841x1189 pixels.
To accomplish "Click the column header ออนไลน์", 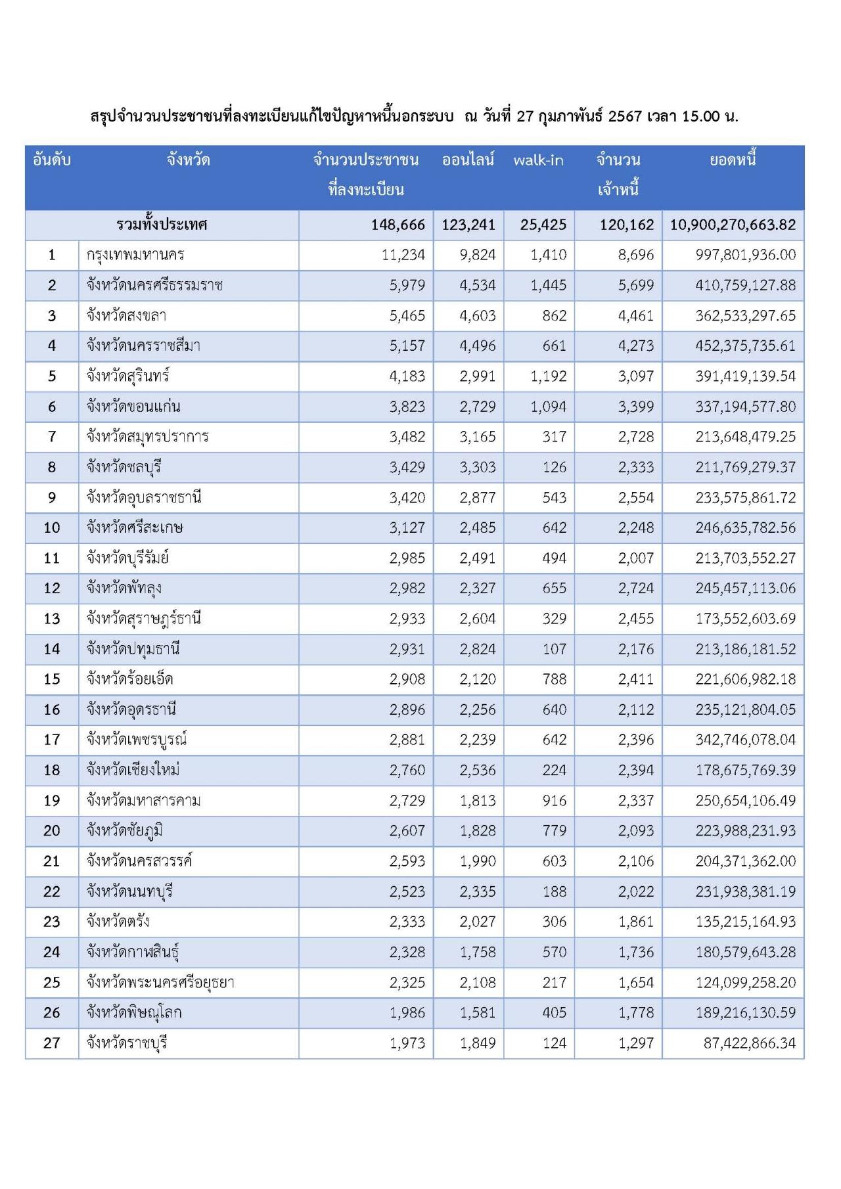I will pyautogui.click(x=468, y=160).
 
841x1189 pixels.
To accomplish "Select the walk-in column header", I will pyautogui.click(x=538, y=160).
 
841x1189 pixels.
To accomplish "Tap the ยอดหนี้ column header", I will pyautogui.click(x=733, y=160).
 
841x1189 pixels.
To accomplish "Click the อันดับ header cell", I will pyautogui.click(x=52, y=160).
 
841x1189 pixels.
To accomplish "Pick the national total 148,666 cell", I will pyautogui.click(x=398, y=225).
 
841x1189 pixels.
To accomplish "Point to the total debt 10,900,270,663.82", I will pyautogui.click(x=733, y=225).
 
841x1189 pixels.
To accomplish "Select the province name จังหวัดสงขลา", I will pyautogui.click(x=126, y=316).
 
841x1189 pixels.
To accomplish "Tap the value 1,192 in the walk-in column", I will pyautogui.click(x=548, y=376).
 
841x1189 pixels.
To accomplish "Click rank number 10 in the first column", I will pyautogui.click(x=52, y=528).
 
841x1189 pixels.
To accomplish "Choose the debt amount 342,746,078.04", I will pyautogui.click(x=745, y=740).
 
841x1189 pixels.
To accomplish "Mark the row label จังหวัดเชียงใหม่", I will pyautogui.click(x=133, y=771).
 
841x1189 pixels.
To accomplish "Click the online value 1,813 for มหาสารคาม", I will pyautogui.click(x=478, y=801).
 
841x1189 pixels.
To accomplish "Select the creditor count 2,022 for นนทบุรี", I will pyautogui.click(x=635, y=892).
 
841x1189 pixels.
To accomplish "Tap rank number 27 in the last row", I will pyautogui.click(x=52, y=1043).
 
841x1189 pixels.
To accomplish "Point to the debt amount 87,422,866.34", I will pyautogui.click(x=749, y=1043).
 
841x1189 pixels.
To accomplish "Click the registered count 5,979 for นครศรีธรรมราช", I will pyautogui.click(x=407, y=286).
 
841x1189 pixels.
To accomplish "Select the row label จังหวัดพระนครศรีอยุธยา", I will pyautogui.click(x=160, y=983).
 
